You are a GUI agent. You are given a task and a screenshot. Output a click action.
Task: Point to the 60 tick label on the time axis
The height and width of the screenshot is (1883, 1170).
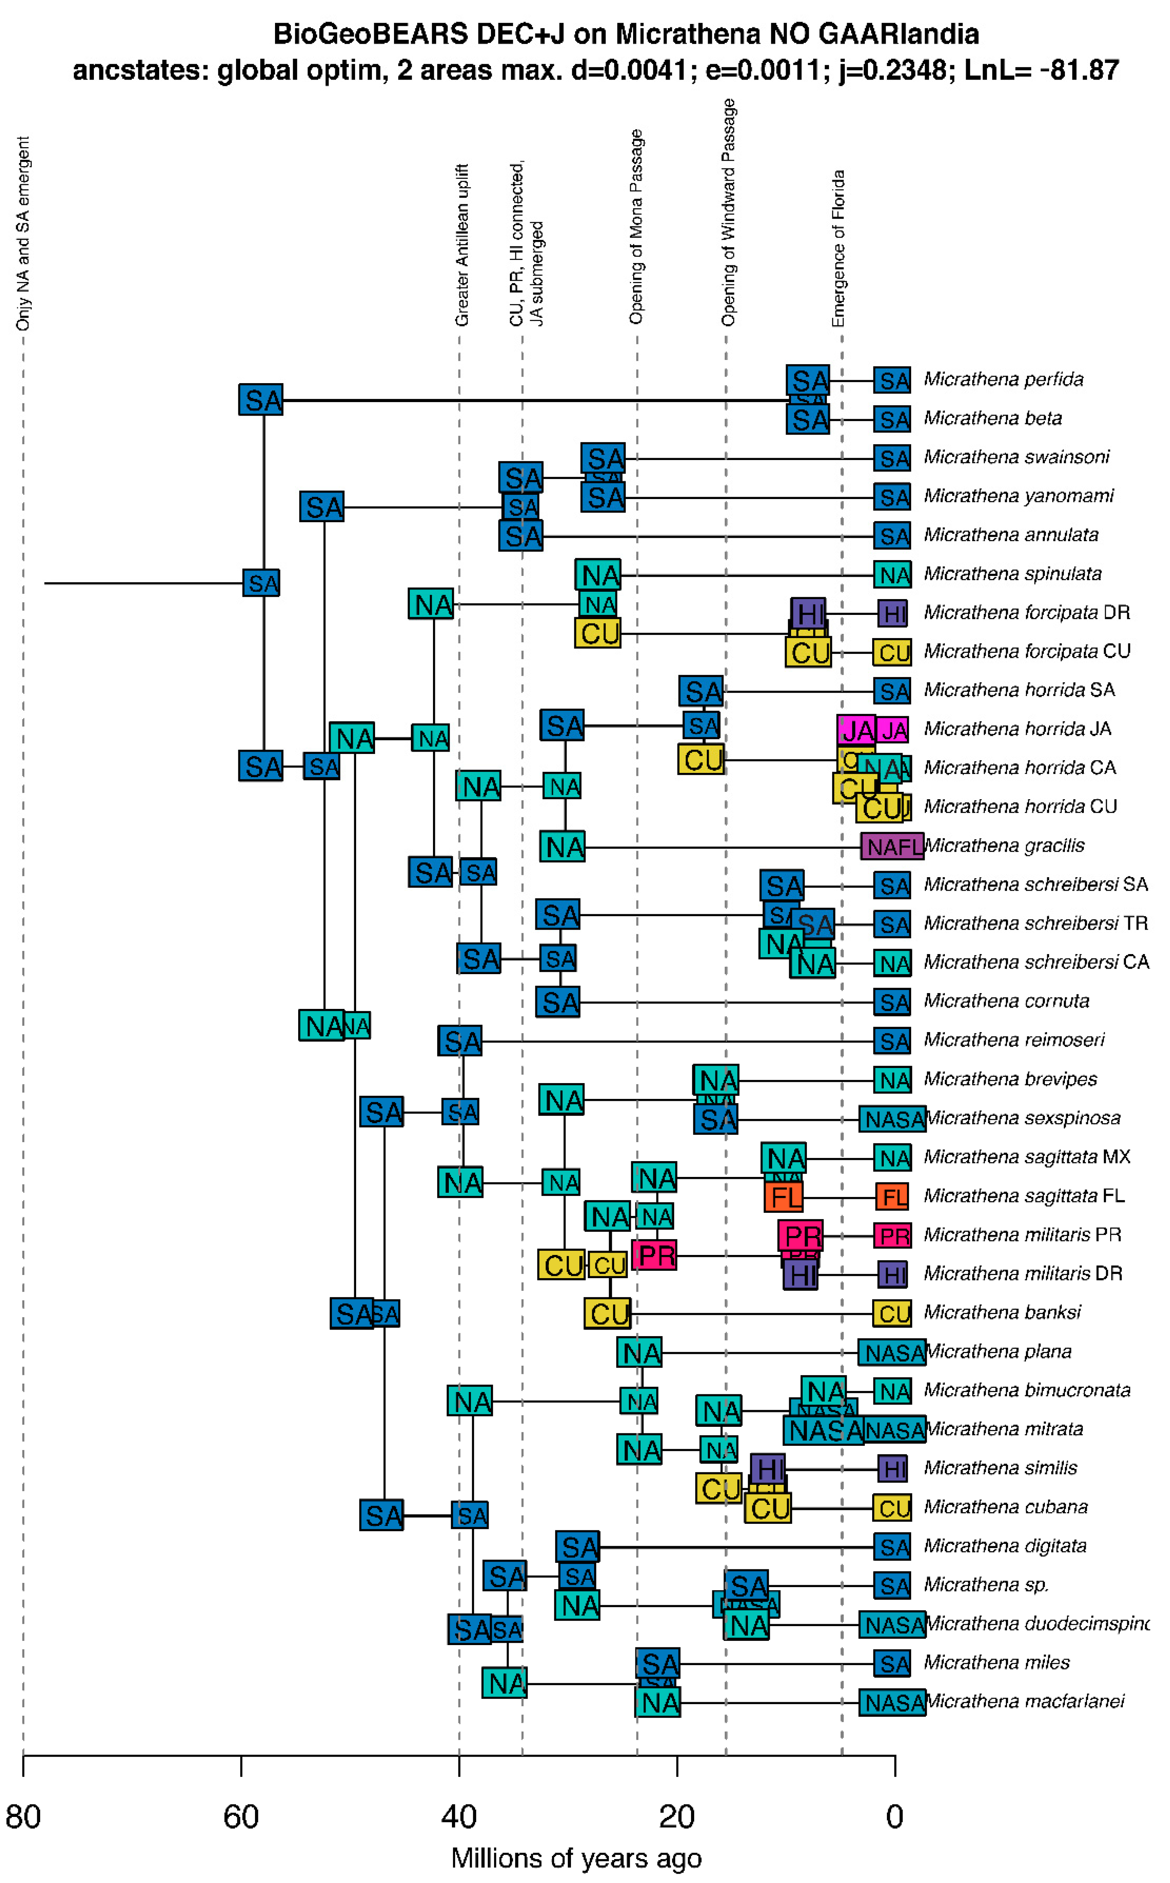241,1817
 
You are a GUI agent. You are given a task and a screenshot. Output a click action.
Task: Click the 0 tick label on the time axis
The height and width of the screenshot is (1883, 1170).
895,1817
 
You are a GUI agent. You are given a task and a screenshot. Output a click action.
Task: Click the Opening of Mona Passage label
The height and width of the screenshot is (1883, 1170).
636,227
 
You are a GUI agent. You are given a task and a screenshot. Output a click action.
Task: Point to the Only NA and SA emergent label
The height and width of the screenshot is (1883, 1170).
23,234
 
